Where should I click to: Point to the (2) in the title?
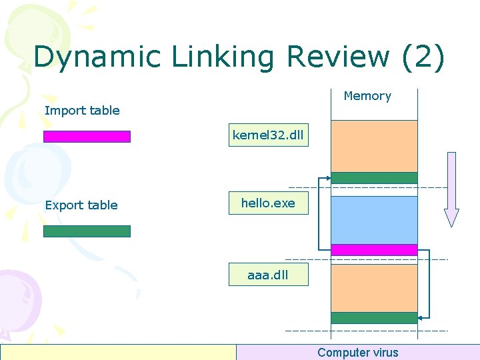[423, 58]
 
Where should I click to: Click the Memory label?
[367, 96]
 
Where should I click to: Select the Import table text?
[82, 111]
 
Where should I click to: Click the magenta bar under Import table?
[87, 137]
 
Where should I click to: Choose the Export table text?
[81, 205]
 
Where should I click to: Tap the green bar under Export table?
[87, 231]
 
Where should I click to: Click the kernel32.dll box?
[268, 136]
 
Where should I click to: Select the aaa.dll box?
[268, 275]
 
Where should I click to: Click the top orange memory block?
[374, 146]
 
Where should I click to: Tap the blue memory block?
[374, 220]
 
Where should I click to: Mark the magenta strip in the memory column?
[374, 250]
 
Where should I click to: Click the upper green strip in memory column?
[374, 178]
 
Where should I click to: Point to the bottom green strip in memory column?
[374, 318]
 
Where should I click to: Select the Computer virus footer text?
[357, 353]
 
